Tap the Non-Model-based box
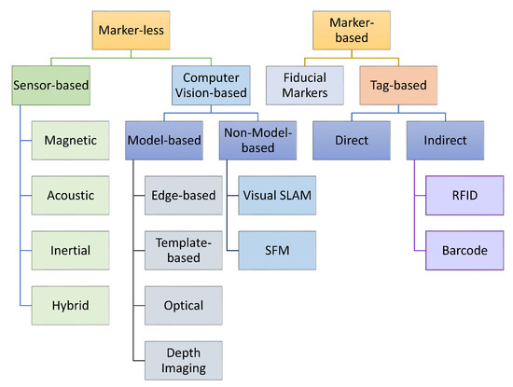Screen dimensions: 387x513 [247, 142]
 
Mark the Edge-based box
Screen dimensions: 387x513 [183, 196]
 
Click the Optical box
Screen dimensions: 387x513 [183, 305]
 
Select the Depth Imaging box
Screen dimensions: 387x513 [183, 359]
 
